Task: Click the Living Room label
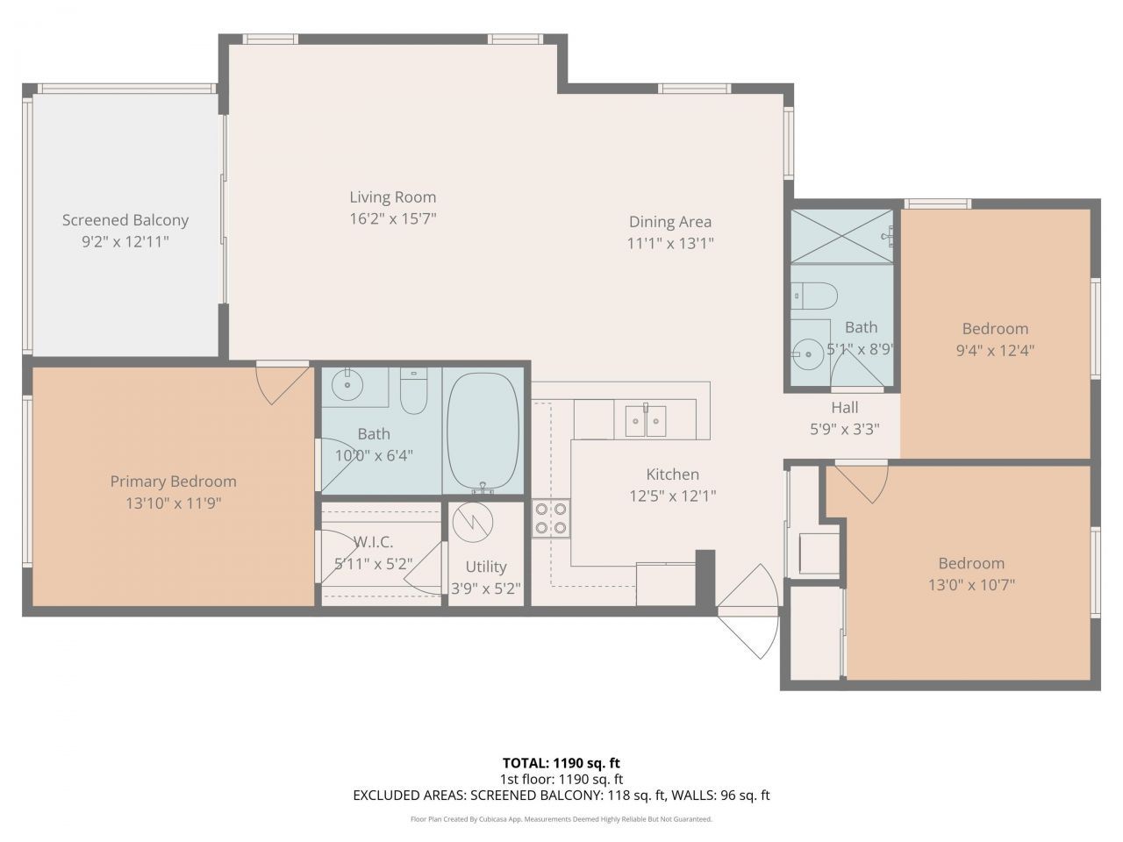pyautogui.click(x=392, y=196)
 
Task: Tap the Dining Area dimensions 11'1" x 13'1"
pyautogui.click(x=670, y=243)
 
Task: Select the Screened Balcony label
pyautogui.click(x=125, y=220)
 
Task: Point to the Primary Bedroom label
pyautogui.click(x=174, y=481)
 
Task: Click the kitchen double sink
pyautogui.click(x=646, y=421)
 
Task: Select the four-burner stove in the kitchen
pyautogui.click(x=551, y=518)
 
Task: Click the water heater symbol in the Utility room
pyautogui.click(x=473, y=523)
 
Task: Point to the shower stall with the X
pyautogui.click(x=841, y=236)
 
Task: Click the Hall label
pyautogui.click(x=845, y=408)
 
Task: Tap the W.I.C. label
pyautogui.click(x=374, y=541)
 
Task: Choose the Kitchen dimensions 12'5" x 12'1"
pyautogui.click(x=672, y=496)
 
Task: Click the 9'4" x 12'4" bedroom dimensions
pyautogui.click(x=995, y=351)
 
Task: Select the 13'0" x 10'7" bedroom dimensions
pyautogui.click(x=971, y=585)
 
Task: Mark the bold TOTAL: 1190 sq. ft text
pyautogui.click(x=561, y=763)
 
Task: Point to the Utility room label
pyautogui.click(x=486, y=567)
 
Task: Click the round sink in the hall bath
pyautogui.click(x=808, y=353)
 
